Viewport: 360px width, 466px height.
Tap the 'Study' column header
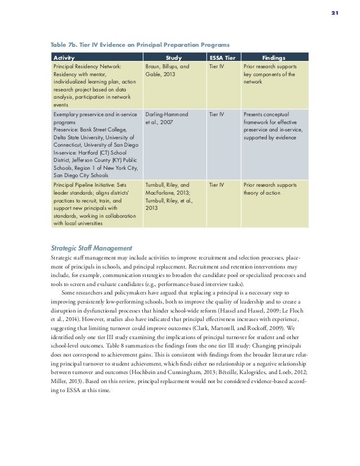point(175,58)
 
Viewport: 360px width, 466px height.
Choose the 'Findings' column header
point(274,58)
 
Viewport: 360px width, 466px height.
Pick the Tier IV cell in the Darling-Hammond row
point(217,114)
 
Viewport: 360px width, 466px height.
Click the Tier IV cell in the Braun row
point(217,66)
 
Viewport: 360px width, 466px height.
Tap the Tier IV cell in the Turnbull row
point(217,184)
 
